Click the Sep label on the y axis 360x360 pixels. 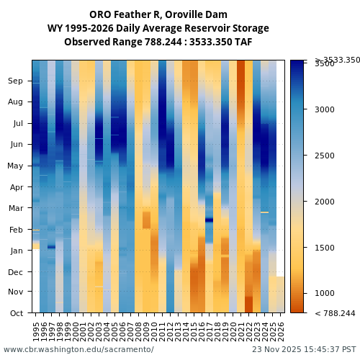pos(16,81)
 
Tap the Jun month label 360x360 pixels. pos(16,144)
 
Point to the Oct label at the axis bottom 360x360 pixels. pos(16,313)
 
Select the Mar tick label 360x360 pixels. pos(16,208)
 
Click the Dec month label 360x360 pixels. pos(16,271)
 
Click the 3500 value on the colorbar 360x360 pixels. pos(325,64)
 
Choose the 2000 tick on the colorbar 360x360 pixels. pos(325,202)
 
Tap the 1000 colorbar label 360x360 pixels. pos(325,294)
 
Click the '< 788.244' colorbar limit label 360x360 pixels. pos(335,313)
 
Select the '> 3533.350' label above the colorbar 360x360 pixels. pos(337,60)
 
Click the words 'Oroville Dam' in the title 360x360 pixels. pos(198,14)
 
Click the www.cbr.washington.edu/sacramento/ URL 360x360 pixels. pos(78,349)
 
